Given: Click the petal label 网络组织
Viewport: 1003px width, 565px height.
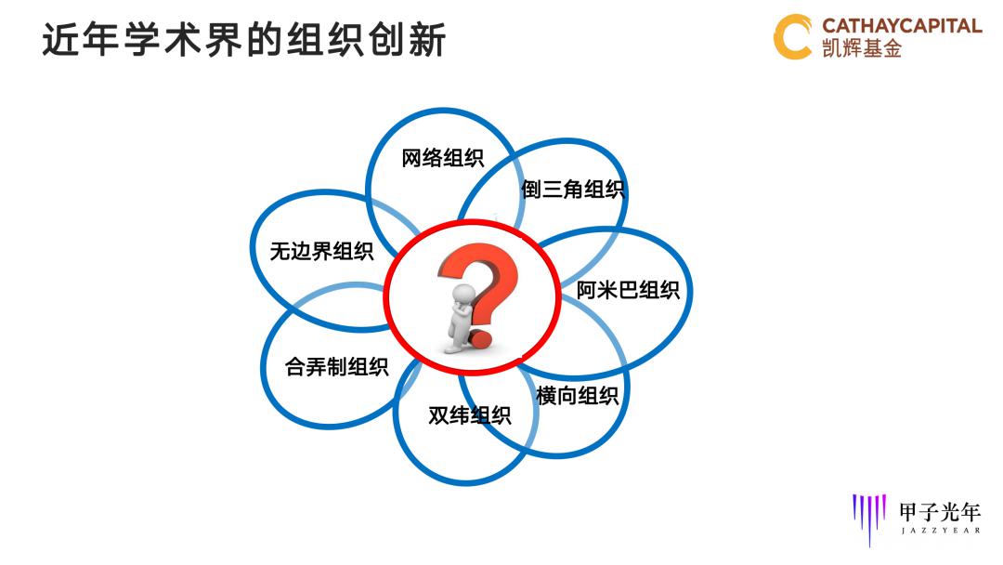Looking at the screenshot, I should coord(442,158).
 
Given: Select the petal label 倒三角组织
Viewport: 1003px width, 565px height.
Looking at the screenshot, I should coord(572,191).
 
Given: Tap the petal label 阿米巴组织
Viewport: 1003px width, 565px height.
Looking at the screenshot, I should coord(628,290).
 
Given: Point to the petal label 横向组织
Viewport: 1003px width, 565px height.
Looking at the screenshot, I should coord(577,396).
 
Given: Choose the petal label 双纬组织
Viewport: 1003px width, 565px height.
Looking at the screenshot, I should coord(469,415).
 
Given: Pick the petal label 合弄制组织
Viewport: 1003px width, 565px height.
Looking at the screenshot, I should coord(336,367).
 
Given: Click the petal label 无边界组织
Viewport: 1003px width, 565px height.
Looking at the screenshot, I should coord(321,251).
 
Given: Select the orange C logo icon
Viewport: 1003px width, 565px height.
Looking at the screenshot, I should coord(792,37).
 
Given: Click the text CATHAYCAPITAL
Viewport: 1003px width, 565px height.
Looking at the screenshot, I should coord(902,25).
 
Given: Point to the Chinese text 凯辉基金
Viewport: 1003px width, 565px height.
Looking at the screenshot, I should coord(862,49).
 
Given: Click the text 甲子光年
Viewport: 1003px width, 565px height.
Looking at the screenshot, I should coord(939,510).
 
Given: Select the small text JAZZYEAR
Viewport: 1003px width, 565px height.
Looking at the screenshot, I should coord(939,532).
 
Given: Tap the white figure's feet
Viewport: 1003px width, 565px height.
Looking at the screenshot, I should coord(454,348).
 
